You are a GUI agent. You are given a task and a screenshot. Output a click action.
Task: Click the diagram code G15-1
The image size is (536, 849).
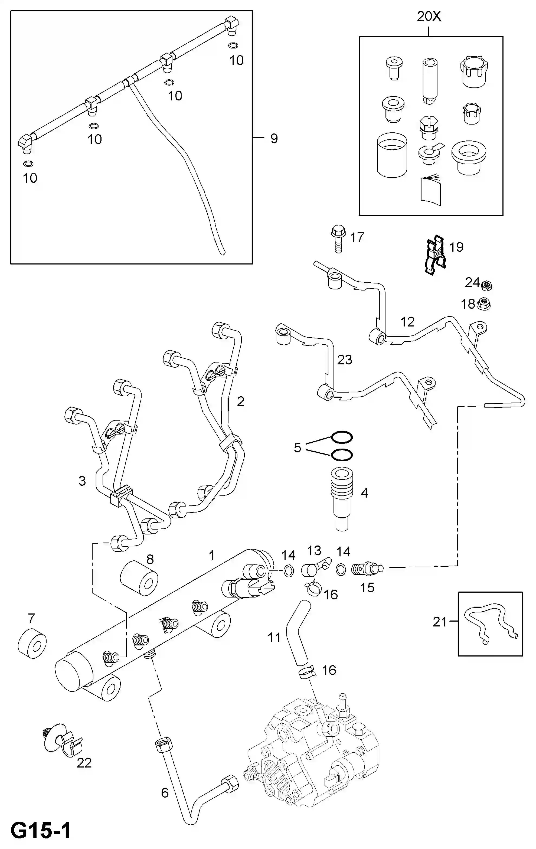click(x=41, y=830)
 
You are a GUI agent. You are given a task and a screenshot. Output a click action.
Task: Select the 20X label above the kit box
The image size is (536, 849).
click(x=429, y=17)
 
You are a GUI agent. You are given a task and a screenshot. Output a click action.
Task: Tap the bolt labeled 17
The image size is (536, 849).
click(x=338, y=239)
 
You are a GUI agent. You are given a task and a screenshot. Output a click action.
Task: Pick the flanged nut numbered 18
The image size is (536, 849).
click(x=484, y=304)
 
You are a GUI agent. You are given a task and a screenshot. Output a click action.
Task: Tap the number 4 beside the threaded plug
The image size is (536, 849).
click(x=364, y=493)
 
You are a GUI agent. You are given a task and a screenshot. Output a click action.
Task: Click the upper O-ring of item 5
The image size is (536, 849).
click(x=342, y=437)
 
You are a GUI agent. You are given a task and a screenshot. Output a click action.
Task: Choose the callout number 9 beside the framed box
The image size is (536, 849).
click(x=274, y=138)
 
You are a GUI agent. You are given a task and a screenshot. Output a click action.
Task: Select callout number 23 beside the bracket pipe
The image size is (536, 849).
click(x=345, y=360)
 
